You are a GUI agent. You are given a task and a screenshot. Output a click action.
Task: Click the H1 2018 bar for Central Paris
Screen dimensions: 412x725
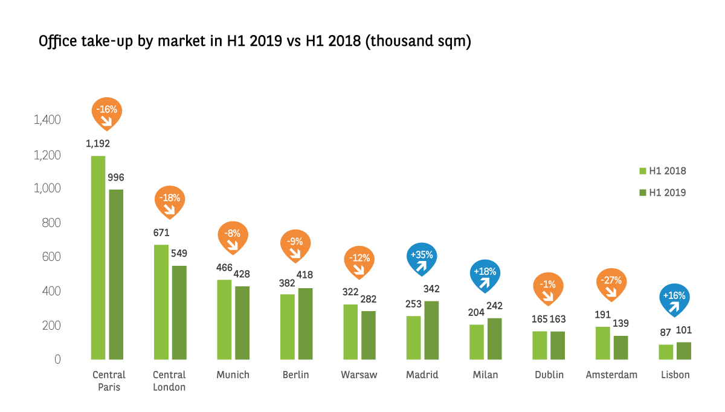[98, 258]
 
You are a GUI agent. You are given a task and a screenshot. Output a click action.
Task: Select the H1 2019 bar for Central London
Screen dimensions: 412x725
[178, 312]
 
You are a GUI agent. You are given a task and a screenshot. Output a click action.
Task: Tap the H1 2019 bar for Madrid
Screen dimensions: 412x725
[431, 330]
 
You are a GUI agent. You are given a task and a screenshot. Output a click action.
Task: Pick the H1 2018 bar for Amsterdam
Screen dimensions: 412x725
[602, 343]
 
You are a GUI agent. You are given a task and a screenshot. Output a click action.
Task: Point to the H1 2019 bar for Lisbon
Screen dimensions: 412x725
[684, 350]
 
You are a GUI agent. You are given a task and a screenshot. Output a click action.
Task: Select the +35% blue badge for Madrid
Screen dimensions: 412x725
[422, 257]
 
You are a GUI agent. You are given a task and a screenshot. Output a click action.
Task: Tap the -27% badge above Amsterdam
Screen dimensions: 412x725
[611, 283]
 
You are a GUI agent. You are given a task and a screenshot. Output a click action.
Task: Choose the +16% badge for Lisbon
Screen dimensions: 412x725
[674, 298]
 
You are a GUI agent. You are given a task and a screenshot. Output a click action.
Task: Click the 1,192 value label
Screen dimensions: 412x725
[98, 144]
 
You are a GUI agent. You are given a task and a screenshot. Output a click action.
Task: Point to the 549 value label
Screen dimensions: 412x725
[179, 253]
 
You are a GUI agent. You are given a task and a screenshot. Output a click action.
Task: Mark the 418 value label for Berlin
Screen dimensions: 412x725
[304, 275]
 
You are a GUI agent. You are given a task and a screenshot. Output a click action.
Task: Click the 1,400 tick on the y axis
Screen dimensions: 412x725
[48, 120]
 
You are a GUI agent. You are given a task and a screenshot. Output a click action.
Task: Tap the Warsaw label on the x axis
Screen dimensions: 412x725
[359, 375]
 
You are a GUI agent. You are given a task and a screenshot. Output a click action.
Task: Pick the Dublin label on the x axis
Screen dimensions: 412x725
[549, 375]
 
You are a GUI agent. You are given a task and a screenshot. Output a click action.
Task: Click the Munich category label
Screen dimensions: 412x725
[233, 375]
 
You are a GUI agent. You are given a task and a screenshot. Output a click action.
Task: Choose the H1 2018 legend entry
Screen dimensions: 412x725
[663, 171]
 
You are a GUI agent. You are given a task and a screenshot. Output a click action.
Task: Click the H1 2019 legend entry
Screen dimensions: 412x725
[663, 193]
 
